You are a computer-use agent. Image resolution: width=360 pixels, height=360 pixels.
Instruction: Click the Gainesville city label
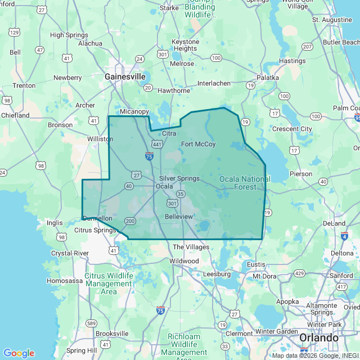pos(125,76)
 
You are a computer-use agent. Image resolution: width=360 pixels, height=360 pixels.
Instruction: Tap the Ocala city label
pos(164,186)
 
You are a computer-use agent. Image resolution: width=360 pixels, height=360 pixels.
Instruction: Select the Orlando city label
pos(319,337)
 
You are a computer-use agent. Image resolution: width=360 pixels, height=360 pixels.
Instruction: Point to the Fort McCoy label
pos(198,145)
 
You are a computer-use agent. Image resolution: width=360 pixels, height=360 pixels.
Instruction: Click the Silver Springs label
pos(179,178)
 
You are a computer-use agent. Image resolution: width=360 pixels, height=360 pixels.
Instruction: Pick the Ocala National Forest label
pos(245,183)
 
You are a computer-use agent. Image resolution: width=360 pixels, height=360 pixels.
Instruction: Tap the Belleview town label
pos(179,217)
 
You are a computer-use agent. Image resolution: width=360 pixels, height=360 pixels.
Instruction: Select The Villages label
pos(191,247)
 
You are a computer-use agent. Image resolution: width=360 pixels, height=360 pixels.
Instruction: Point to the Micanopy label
pos(134,112)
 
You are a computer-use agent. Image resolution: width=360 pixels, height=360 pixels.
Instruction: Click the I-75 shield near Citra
pos(150,156)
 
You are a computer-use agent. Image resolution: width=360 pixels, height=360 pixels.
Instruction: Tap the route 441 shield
pos(157,145)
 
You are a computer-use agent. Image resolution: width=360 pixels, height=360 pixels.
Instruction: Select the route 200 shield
pos(130,221)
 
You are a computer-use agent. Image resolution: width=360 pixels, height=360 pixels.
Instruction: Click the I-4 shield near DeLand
pos(344,236)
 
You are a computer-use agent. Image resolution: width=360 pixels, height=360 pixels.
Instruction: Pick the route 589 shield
pos(91,323)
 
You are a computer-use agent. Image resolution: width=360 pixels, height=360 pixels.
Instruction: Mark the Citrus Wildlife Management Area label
pos(109,284)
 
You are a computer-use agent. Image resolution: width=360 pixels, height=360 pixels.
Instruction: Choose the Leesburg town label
pos(217,274)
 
